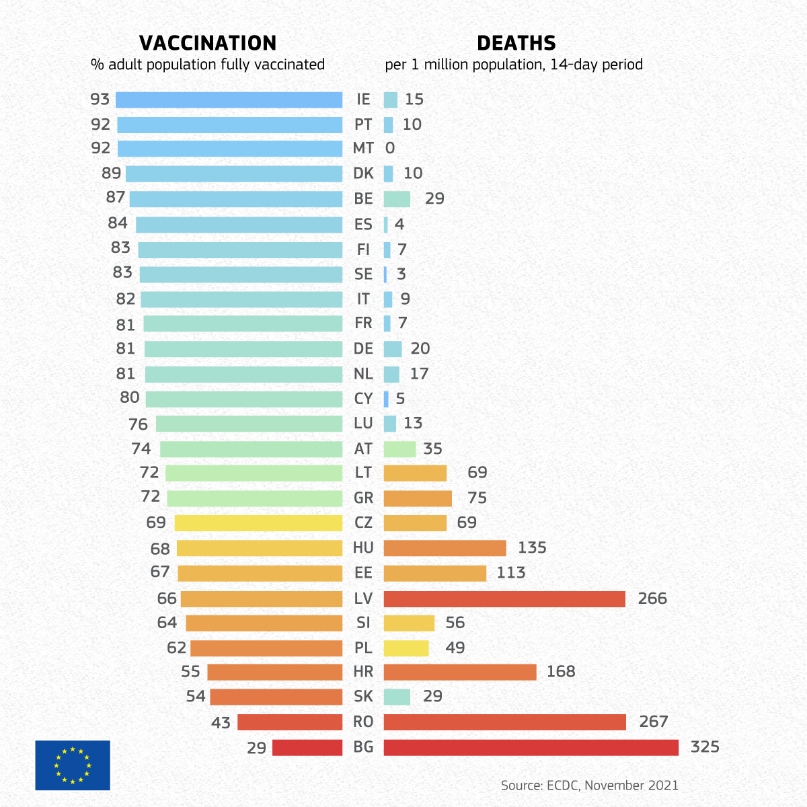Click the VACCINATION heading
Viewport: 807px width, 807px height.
[208, 43]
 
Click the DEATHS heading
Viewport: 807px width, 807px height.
[516, 43]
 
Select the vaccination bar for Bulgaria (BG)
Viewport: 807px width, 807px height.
[307, 747]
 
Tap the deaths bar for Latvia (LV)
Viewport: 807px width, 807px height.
[504, 599]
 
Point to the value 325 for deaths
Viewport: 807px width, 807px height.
[705, 747]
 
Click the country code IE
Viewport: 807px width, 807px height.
[363, 100]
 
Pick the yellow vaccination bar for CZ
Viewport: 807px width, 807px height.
[258, 523]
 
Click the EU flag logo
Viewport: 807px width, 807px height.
[73, 765]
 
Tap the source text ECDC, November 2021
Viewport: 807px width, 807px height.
[589, 785]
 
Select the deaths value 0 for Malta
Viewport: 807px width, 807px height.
[390, 149]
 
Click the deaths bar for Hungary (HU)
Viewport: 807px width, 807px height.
[445, 548]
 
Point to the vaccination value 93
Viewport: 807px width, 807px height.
[100, 100]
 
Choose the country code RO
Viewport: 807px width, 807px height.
[363, 722]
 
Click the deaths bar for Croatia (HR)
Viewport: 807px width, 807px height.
[460, 672]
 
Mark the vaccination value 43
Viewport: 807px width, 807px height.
[221, 723]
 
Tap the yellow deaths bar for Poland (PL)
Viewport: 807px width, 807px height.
[406, 648]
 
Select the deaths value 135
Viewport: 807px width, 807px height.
[532, 548]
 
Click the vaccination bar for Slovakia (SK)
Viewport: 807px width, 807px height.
[276, 697]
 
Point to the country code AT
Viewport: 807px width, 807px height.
[363, 449]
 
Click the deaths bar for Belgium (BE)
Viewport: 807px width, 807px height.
[397, 199]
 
